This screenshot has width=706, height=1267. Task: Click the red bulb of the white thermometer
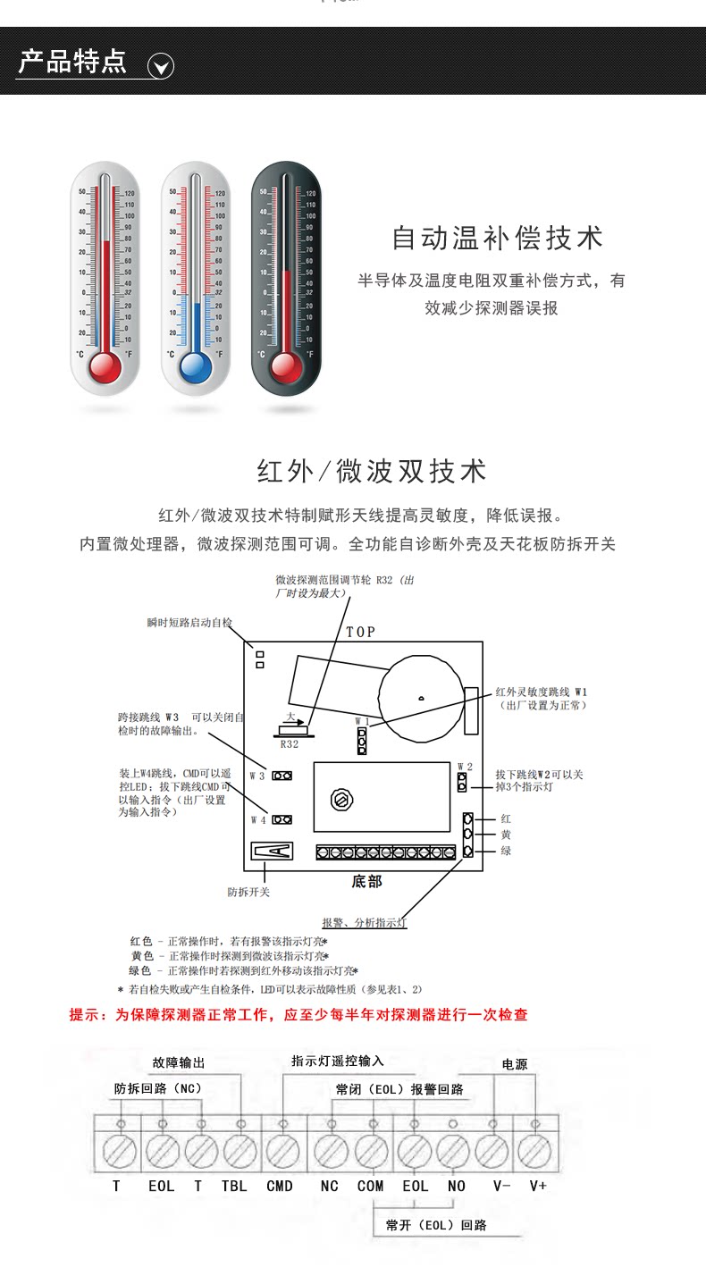(105, 365)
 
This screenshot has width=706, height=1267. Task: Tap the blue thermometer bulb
(195, 365)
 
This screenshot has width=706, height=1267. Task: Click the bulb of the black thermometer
(286, 365)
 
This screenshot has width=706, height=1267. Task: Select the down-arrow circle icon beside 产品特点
(160, 66)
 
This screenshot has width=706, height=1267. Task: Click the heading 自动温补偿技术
(498, 239)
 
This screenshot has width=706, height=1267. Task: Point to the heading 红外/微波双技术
(372, 471)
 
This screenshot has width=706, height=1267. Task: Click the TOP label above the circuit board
(361, 632)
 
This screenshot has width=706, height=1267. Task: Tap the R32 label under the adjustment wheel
(290, 744)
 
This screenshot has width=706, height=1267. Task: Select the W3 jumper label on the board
(257, 776)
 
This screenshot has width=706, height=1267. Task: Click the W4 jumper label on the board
(257, 819)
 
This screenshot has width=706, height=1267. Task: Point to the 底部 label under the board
(366, 882)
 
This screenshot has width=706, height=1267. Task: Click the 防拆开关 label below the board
(248, 892)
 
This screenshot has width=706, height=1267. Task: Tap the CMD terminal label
(280, 1187)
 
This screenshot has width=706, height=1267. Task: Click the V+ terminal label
(538, 1187)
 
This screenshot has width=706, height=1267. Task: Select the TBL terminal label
(234, 1187)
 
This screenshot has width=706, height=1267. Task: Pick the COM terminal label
(370, 1187)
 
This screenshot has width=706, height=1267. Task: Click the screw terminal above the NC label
(329, 1148)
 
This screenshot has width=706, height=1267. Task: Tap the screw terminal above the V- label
(493, 1148)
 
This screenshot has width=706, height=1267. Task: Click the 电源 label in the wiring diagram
(515, 1064)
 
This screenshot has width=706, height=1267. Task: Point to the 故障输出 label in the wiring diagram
(179, 1063)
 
